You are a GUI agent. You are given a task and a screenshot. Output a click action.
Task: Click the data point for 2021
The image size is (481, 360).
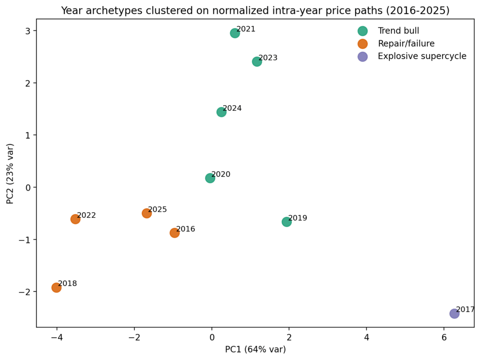pos(235,33)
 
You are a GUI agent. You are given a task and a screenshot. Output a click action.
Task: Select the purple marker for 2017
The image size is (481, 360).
pos(454,314)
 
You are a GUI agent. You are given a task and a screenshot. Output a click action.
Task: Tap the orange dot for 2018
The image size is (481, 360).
pos(56,288)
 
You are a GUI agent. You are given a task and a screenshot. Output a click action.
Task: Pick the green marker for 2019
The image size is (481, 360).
pos(287,222)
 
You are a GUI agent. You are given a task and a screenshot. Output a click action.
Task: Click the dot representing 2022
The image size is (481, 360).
pos(75,219)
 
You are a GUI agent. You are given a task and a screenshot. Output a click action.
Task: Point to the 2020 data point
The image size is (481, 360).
pos(210,178)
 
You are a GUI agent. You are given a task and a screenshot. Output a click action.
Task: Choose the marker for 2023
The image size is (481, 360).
pos(257,62)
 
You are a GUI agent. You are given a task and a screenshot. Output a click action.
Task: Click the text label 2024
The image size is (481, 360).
pos(232,108)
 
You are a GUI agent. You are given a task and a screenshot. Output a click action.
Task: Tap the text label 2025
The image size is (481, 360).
pos(157,210)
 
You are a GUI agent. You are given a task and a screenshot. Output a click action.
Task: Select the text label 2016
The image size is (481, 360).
pos(186,229)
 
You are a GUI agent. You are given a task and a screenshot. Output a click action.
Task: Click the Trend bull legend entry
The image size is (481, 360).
pos(398,31)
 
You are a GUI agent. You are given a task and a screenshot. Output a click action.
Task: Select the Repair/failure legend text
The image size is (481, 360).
pos(406,44)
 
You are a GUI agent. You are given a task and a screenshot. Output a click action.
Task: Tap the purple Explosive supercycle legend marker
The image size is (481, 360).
pos(363,56)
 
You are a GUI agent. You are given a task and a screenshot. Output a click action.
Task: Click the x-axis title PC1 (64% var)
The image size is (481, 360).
pos(255,349)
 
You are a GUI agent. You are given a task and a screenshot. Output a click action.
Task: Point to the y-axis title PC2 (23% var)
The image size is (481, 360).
pos(10,173)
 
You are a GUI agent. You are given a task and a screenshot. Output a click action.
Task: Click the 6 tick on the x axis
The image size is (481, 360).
pos(444,337)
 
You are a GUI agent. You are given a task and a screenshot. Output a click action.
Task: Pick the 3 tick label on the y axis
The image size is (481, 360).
pos(28,31)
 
